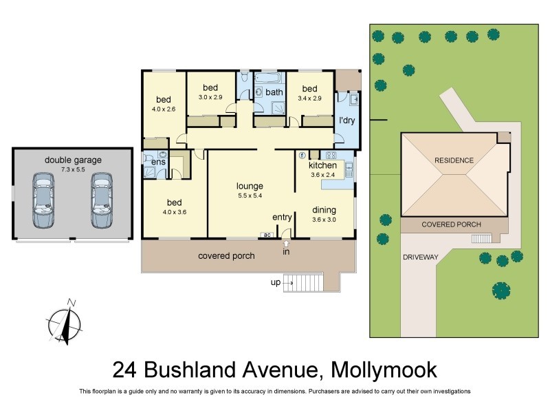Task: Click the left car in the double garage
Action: [x=43, y=201]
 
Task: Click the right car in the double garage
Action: [x=101, y=201]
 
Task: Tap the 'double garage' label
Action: [x=73, y=160]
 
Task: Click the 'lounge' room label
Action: [x=250, y=186]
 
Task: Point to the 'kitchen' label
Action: [x=322, y=165]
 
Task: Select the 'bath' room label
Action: [x=274, y=92]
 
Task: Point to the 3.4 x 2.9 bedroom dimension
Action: [x=309, y=99]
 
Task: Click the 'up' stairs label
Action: [x=275, y=283]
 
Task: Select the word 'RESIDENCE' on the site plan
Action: [x=454, y=160]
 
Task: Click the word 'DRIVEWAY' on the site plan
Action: [x=421, y=257]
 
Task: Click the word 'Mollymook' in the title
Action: [x=384, y=370]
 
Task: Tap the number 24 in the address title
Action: [x=125, y=370]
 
